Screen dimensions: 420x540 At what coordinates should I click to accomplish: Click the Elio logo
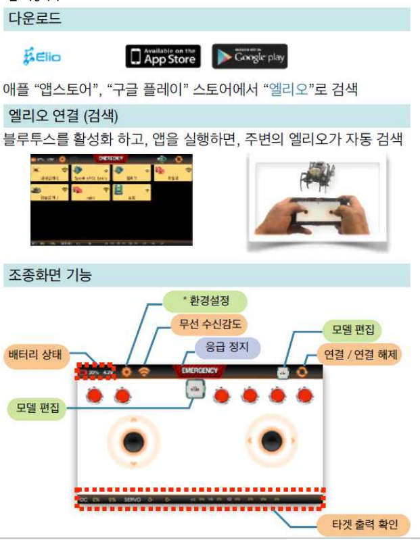coord(42,56)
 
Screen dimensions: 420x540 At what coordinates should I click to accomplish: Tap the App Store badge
coord(164,56)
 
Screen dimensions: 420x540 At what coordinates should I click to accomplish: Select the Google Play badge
coord(250,57)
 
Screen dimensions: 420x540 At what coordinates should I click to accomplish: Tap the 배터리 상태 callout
coord(35,353)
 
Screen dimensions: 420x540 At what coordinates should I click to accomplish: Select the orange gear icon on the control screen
coord(126,371)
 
